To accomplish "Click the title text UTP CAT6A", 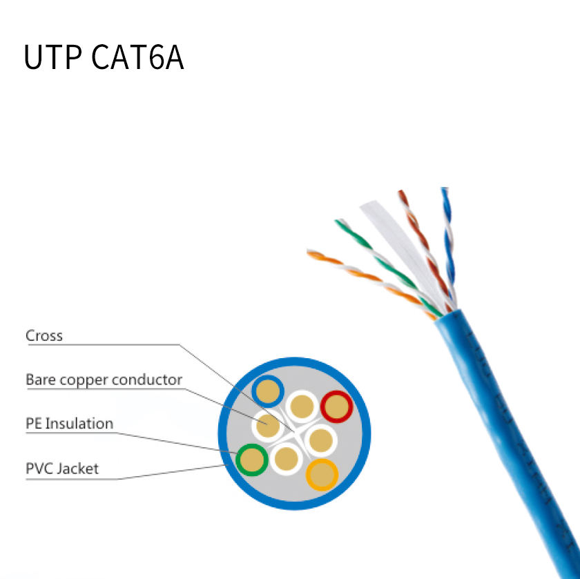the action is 104,57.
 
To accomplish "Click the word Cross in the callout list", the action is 44,335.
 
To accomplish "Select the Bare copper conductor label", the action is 104,380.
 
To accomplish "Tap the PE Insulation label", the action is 69,423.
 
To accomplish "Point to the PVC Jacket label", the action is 62,469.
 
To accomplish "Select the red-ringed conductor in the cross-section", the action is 337,406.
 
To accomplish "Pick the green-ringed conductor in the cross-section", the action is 252,460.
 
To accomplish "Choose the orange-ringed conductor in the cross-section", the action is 322,475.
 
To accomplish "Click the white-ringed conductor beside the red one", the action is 302,406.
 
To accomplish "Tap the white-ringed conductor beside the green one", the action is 287,459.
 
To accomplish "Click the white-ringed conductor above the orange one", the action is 320,440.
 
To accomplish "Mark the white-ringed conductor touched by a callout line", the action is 267,426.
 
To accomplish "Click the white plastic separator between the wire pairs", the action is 403,251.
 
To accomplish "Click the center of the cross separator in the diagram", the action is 294,432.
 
